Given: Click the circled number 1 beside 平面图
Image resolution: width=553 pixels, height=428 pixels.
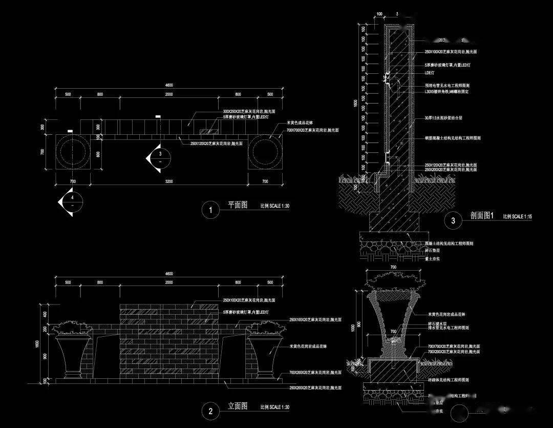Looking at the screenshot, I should (209, 209).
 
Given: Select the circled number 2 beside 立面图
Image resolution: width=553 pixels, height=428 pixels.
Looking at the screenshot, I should (210, 410).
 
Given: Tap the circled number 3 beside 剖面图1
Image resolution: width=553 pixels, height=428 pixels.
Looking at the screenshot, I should (453, 221).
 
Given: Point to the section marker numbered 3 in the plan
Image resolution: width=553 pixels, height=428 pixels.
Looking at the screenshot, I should (158, 157).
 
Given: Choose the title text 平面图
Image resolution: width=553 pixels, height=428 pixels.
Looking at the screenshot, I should (237, 205).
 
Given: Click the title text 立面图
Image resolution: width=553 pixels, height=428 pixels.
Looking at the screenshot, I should (237, 406).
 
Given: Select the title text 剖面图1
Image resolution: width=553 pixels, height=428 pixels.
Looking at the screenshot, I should (481, 216).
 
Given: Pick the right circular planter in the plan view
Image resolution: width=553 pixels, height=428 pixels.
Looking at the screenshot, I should (265, 152).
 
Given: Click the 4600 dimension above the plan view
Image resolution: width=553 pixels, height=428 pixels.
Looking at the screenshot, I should (169, 85).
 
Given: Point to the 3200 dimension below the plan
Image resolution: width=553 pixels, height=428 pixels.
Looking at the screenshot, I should (169, 181).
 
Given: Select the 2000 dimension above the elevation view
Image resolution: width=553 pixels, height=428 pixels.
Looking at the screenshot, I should (169, 282).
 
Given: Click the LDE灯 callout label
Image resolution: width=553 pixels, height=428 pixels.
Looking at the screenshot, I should (429, 73).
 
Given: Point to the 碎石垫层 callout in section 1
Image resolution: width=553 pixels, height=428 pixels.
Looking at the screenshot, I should (433, 251).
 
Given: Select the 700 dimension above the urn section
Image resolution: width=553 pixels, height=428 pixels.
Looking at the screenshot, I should (393, 268).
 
